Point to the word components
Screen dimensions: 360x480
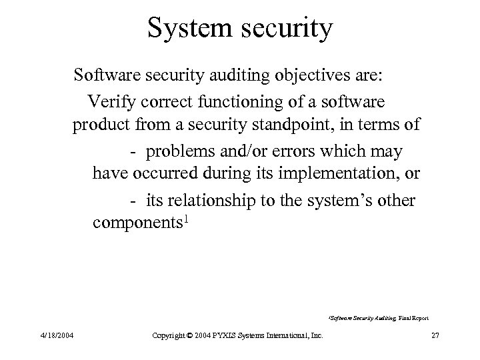pyautogui.click(x=138, y=223)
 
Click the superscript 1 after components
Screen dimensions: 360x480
pyautogui.click(x=188, y=218)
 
